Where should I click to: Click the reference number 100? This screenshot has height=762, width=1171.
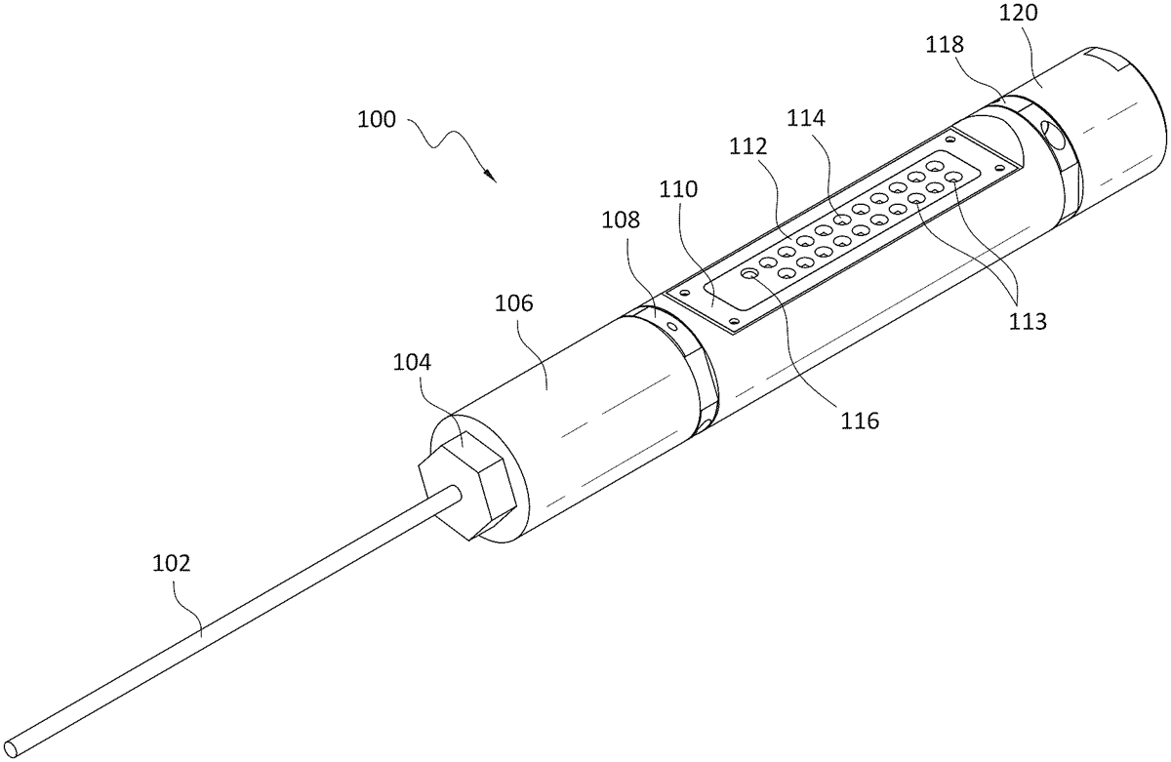pyautogui.click(x=377, y=120)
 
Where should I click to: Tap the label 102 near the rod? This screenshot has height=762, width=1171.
pyautogui.click(x=172, y=563)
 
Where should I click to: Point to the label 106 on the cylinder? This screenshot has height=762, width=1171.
pyautogui.click(x=513, y=302)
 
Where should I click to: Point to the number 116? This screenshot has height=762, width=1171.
pyautogui.click(x=860, y=421)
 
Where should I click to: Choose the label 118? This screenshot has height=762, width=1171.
pyautogui.click(x=944, y=44)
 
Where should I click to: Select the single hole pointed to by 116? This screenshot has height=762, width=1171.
pyautogui.click(x=750, y=276)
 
